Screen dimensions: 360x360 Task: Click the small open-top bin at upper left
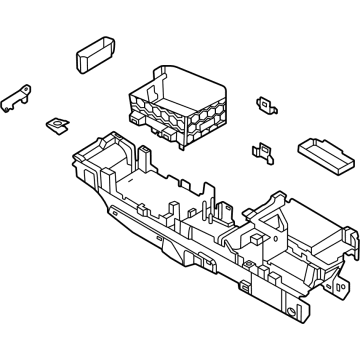tap(95, 56)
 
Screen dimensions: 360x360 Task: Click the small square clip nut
tap(56, 125)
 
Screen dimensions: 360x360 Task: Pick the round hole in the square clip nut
tap(57, 125)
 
